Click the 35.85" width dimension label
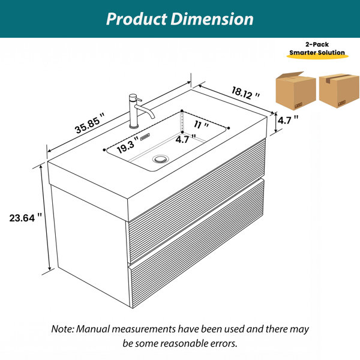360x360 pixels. point(90,123)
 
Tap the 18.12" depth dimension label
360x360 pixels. point(245,93)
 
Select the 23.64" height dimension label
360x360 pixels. point(26,218)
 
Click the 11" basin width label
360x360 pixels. point(201,125)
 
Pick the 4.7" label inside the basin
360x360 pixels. point(185,139)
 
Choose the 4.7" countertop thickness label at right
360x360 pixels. point(288,120)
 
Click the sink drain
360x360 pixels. point(161,159)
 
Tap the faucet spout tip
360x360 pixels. point(152,118)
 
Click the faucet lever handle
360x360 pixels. point(139,100)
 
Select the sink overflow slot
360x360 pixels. point(145,137)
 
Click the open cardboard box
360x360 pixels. point(296,91)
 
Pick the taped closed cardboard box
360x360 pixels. point(339,91)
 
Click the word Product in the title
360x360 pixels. point(137,19)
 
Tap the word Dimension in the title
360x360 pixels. point(212,19)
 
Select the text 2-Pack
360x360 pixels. point(317,44)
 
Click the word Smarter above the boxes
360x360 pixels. point(302,52)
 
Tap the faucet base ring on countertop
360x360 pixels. point(134,126)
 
